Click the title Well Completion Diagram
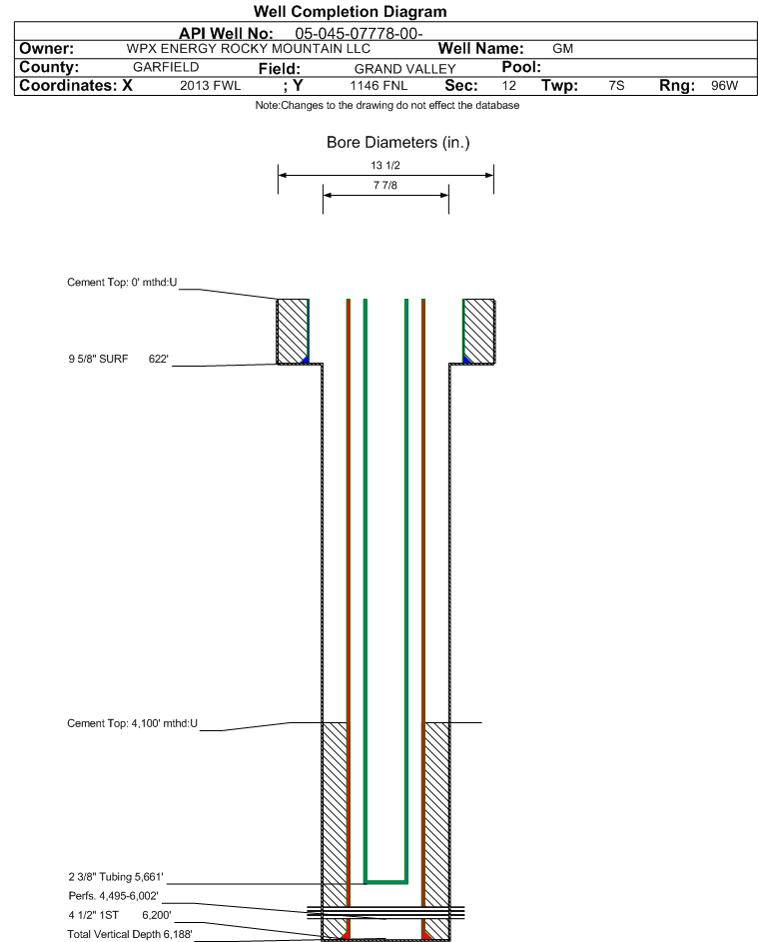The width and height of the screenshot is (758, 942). [351, 11]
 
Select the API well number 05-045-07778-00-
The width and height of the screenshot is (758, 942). [359, 34]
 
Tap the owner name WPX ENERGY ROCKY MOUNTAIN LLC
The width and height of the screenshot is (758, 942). [248, 49]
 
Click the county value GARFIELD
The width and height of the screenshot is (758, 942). [166, 67]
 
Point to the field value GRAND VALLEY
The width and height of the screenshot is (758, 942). [404, 69]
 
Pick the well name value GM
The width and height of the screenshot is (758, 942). [563, 49]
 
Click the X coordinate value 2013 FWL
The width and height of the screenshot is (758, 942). [210, 85]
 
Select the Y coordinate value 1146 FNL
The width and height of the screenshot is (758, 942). [379, 85]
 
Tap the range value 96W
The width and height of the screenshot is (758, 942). [724, 85]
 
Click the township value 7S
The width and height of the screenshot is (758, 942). [616, 85]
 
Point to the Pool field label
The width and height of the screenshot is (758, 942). [521, 67]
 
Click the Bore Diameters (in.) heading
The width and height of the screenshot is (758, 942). [398, 143]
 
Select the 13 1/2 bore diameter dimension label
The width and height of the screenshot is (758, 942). [385, 165]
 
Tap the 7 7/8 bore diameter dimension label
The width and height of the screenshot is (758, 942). [385, 185]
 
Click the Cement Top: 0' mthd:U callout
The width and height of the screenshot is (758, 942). [122, 283]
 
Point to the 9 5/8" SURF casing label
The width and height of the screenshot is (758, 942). [98, 359]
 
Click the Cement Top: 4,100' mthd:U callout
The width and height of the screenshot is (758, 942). [132, 723]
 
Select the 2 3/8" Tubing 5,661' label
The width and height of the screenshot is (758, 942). [115, 877]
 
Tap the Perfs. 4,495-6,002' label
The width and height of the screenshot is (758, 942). [113, 896]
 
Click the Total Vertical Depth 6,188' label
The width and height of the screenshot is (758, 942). [130, 934]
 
